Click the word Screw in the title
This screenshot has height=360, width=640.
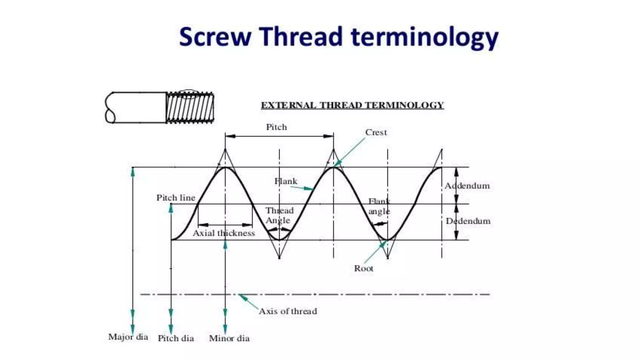click(x=215, y=37)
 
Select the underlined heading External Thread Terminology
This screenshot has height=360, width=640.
click(x=352, y=105)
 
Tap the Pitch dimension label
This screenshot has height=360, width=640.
click(x=276, y=127)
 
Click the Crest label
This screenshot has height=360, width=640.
click(x=376, y=132)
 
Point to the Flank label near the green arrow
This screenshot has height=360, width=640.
click(x=286, y=181)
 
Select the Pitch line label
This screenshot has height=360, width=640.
click(x=176, y=198)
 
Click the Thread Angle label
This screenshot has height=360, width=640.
click(x=279, y=215)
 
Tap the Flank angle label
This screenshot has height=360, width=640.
click(x=379, y=206)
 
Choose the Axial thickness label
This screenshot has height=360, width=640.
click(x=224, y=233)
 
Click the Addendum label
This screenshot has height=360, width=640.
click(x=467, y=186)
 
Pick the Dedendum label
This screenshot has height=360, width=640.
click(x=468, y=221)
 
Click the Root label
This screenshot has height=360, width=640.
click(x=363, y=268)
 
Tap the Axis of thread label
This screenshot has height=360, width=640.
click(x=288, y=311)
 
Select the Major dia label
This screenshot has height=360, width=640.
click(x=128, y=337)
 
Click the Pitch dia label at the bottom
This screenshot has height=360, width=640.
click(x=176, y=338)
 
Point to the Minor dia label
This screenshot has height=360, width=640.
click(x=229, y=338)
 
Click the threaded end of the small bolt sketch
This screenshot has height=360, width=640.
click(x=190, y=107)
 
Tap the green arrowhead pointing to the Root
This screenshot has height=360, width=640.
click(x=383, y=244)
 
